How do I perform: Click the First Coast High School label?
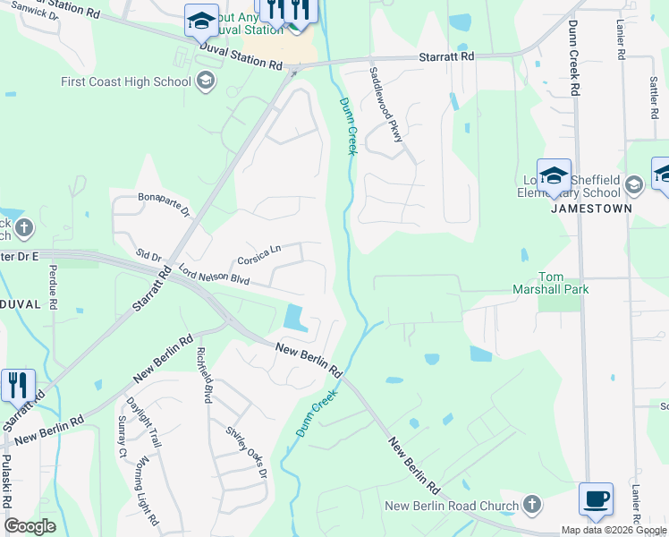(125, 82)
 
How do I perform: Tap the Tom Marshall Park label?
(562, 283)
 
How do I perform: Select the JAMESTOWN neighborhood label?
(591, 208)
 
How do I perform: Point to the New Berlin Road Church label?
(452, 506)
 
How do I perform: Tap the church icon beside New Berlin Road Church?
(532, 506)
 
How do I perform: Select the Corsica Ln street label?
(259, 257)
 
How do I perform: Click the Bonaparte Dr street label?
(164, 204)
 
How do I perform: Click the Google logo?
(30, 526)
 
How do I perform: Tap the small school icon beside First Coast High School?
(206, 82)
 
